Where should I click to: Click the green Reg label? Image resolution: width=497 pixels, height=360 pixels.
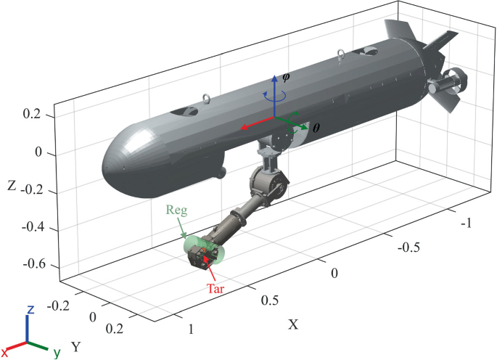pyautogui.click(x=176, y=210)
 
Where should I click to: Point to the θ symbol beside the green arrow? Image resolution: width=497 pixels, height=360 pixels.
pyautogui.click(x=316, y=127)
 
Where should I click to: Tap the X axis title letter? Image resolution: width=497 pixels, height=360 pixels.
pyautogui.click(x=294, y=324)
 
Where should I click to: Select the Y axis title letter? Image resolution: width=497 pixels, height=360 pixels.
pyautogui.click(x=74, y=345)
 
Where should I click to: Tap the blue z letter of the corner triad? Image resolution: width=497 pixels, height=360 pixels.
pyautogui.click(x=30, y=310)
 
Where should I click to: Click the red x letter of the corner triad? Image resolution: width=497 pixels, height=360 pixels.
pyautogui.click(x=6, y=351)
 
